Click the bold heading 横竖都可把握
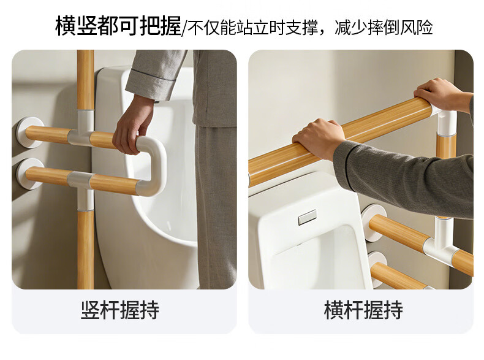(x=118, y=26)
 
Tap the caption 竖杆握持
(x=120, y=310)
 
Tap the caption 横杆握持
(x=363, y=310)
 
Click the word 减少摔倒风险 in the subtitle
(x=384, y=27)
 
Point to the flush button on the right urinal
(x=307, y=217)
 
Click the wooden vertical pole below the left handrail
(x=86, y=250)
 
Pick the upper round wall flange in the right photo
(x=374, y=223)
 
